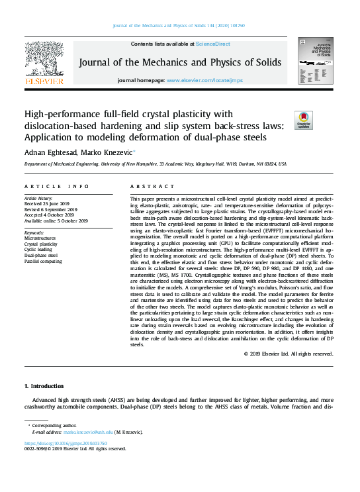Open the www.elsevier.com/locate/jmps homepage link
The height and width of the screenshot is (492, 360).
[x=204, y=79]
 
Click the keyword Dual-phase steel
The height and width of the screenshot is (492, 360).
[x=41, y=256]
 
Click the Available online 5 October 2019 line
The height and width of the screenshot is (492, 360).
[x=56, y=221]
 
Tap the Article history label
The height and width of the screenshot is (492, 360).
[x=39, y=198]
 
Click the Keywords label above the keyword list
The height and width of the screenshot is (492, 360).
[x=34, y=233]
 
